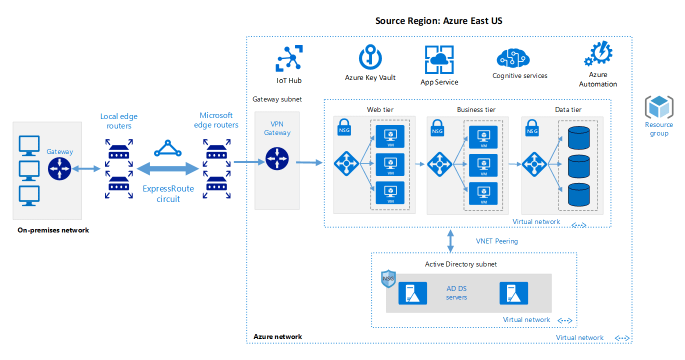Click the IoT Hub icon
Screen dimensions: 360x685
coord(289,58)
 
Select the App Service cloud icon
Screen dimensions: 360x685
coord(439,59)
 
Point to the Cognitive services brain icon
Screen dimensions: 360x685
coord(512,58)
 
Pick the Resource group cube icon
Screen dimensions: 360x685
coord(658,106)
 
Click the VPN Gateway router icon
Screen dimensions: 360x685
coord(277,159)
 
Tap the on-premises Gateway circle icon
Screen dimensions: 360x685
coord(60,168)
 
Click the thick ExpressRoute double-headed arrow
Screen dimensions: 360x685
coord(168,168)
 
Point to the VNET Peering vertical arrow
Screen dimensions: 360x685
coord(450,240)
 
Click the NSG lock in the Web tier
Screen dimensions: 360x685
coord(343,127)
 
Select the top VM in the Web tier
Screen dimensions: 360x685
coord(389,136)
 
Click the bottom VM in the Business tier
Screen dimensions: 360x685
coord(483,193)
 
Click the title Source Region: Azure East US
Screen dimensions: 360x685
coord(438,21)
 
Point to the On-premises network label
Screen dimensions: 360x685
coord(53,230)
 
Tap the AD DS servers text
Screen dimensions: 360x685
coord(456,293)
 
